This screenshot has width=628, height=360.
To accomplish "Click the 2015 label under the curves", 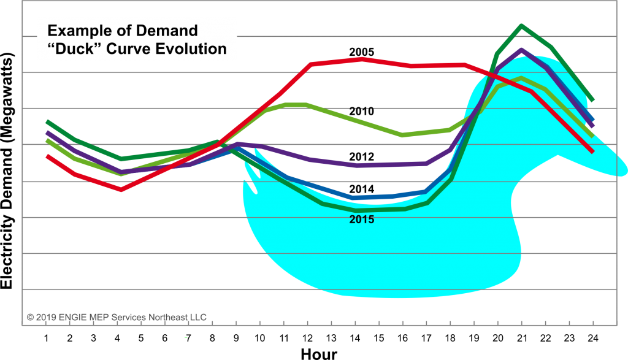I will tap(361, 220).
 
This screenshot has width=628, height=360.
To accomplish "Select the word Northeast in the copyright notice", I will tap(166, 317).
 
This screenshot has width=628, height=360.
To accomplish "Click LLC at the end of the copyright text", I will tap(199, 317).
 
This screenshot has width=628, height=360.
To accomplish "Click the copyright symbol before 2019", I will tap(30, 317).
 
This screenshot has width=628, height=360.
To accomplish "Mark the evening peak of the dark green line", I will tap(521, 25).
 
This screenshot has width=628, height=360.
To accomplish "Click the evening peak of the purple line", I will tap(521, 49).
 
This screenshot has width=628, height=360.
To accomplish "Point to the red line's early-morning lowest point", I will tap(121, 190).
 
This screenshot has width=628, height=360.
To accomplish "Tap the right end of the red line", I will tap(592, 151).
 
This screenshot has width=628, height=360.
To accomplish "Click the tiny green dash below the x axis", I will tap(186, 337).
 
